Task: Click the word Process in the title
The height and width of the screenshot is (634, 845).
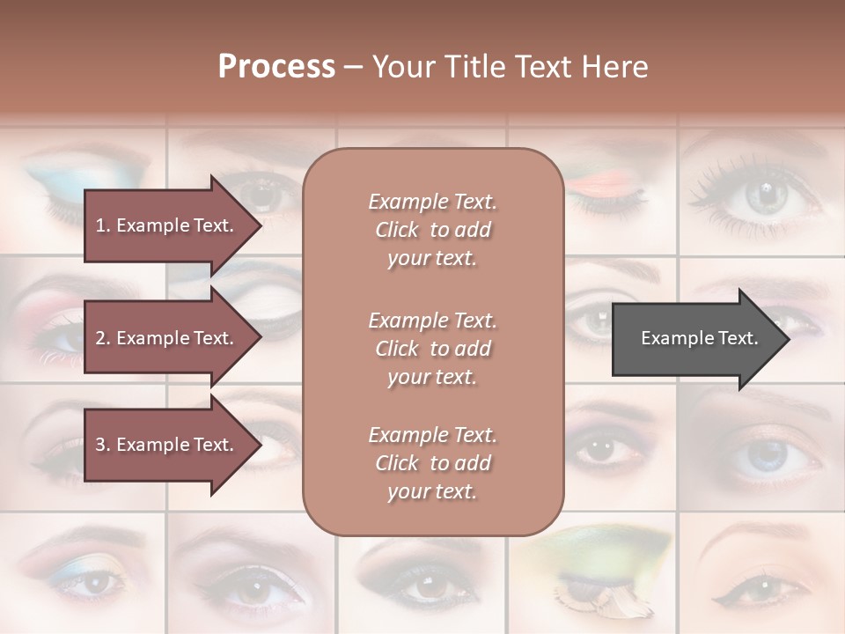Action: point(276,66)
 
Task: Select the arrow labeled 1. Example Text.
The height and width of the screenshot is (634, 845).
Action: point(167,225)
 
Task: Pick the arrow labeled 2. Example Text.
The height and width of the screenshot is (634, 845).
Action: point(167,338)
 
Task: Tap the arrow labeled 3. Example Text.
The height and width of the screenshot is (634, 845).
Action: point(167,445)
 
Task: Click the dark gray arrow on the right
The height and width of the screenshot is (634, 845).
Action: point(695,338)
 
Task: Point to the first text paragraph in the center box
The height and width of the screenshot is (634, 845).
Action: point(432,230)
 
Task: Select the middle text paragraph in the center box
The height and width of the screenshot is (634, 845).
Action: point(432,349)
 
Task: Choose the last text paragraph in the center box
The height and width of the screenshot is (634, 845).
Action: point(432,463)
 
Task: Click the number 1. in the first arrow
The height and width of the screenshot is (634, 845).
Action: point(102,225)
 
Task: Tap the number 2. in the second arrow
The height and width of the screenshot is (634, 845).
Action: point(102,338)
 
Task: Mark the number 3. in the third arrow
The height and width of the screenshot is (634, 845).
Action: point(102,445)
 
